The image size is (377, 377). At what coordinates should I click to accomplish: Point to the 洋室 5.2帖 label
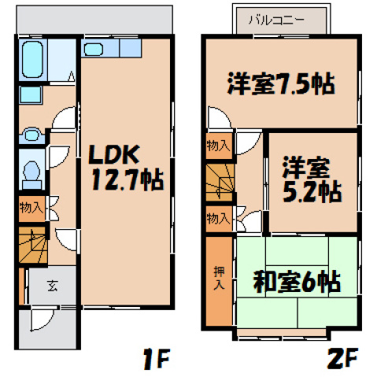[x=311, y=180]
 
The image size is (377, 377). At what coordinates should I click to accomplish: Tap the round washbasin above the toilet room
[x=31, y=135]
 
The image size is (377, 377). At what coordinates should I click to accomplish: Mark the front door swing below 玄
[x=39, y=320]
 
